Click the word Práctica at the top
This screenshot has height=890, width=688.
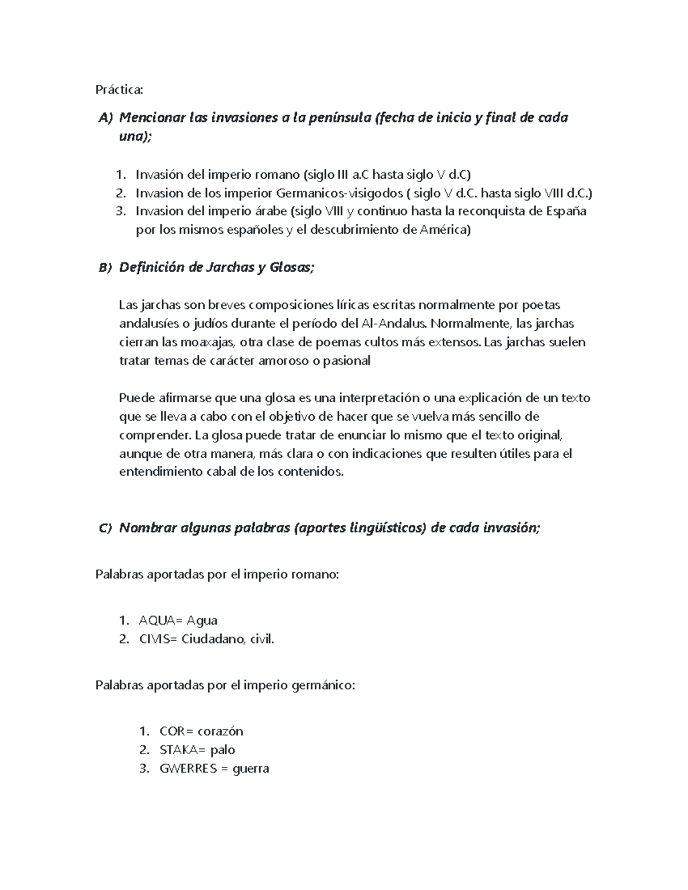tap(119, 90)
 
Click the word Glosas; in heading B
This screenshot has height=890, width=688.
tap(292, 268)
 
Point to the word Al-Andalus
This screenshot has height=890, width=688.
tap(395, 323)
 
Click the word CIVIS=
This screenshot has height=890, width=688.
tap(159, 639)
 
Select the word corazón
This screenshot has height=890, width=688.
tap(220, 731)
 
